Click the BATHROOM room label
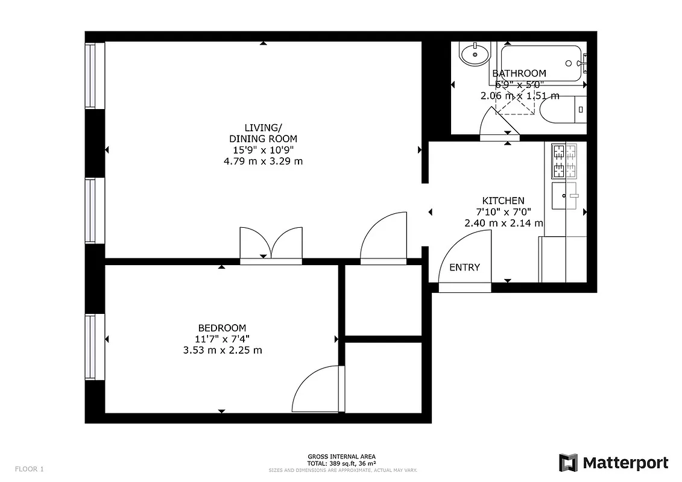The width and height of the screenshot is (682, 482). coord(519,74)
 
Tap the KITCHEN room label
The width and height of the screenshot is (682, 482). coord(503,201)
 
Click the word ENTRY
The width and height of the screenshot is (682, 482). coord(464,268)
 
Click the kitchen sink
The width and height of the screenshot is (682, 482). coord(564,196)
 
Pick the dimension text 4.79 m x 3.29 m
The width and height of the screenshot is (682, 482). coord(263,161)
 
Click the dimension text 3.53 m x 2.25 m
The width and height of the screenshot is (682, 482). coord(223,349)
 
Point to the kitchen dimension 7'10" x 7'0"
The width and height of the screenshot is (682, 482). coord(503,211)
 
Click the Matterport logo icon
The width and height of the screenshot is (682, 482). coord(568,463)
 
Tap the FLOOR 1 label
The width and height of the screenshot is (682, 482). coord(30,469)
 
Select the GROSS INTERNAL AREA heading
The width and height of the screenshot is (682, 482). coord(342,457)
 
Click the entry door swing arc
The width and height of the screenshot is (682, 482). coord(467,256)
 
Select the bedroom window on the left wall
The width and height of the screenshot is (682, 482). coord(90,347)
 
